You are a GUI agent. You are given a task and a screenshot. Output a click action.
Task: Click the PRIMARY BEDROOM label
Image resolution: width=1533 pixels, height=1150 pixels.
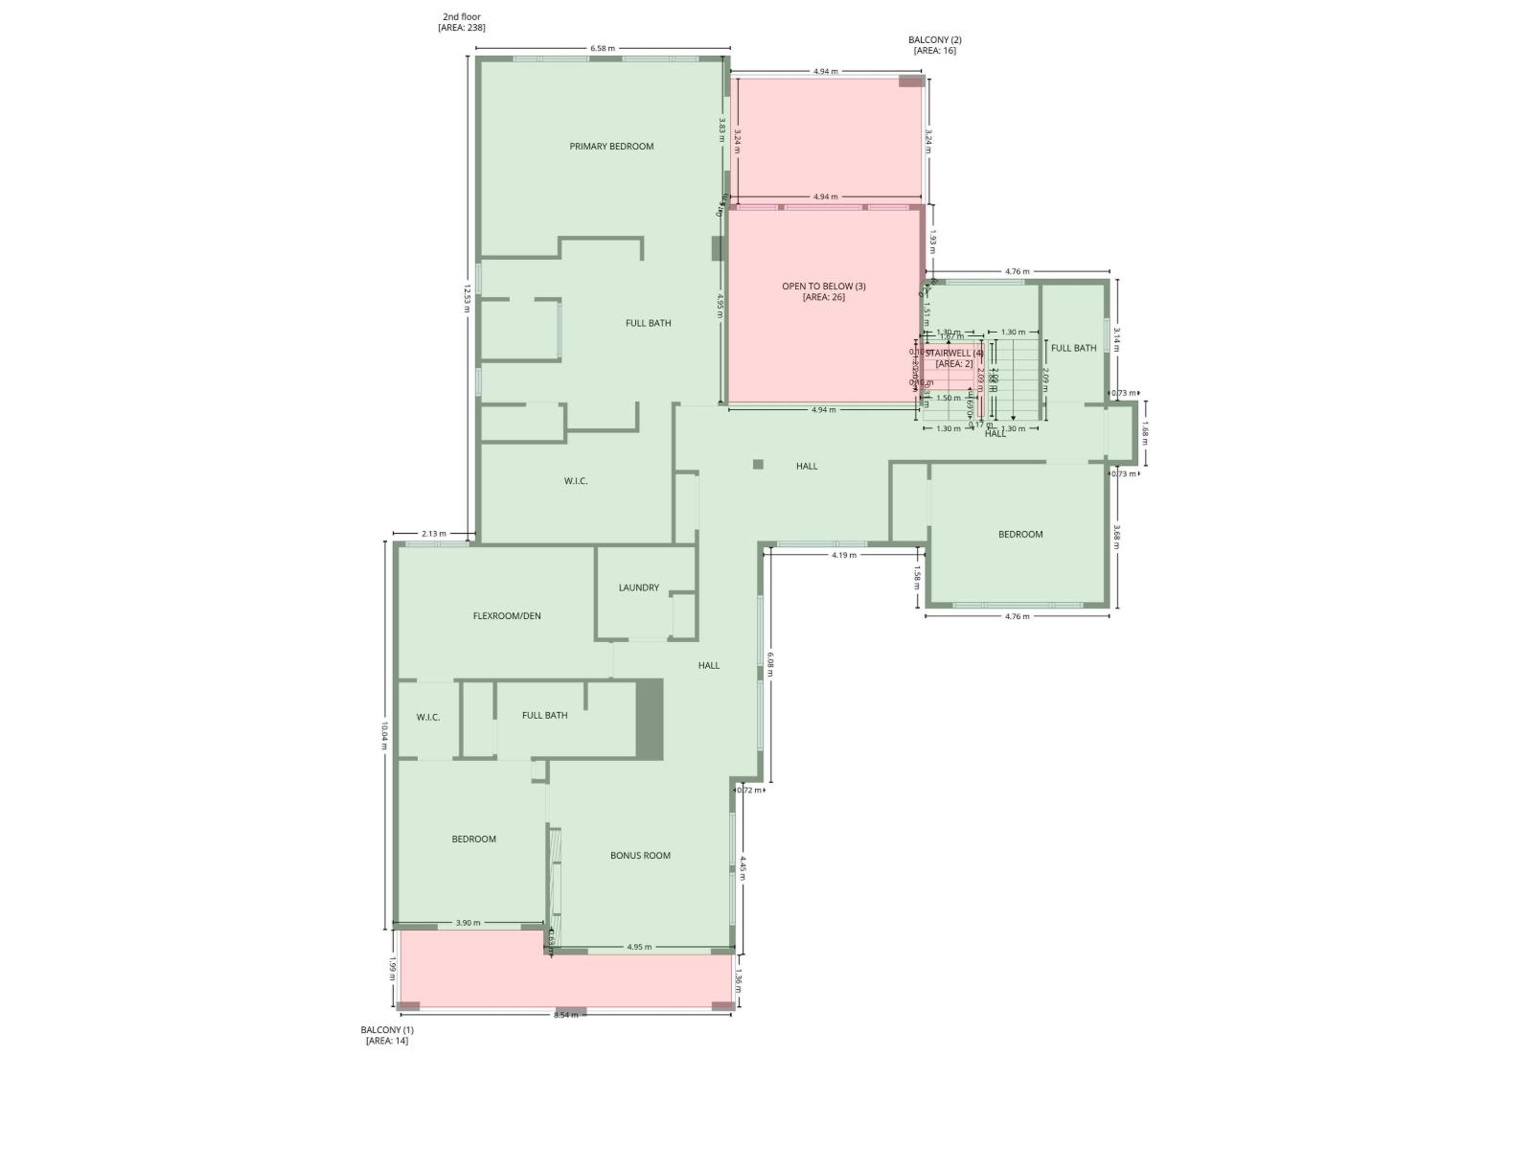pos(611,147)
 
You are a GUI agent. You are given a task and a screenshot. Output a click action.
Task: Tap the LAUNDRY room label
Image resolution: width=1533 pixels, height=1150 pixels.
pos(638,587)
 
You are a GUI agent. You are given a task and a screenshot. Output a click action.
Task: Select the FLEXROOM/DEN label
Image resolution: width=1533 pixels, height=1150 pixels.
pos(507,616)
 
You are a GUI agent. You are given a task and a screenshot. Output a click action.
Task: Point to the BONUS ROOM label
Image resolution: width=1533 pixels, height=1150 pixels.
pos(640,856)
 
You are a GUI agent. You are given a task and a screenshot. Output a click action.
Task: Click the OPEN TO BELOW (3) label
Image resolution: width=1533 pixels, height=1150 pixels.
pos(824,287)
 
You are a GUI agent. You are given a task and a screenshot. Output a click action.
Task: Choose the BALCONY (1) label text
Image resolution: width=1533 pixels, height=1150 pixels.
pos(387,1030)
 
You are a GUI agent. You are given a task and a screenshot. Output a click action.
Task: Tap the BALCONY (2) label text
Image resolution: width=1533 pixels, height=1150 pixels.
pos(934,40)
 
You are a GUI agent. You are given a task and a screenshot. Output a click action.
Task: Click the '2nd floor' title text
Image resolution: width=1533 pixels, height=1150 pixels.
pos(461,16)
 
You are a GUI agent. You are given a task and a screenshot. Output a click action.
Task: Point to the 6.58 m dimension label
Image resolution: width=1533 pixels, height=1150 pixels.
pos(603,48)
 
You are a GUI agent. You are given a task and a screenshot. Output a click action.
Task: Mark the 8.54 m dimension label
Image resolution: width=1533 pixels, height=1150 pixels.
pos(566,1015)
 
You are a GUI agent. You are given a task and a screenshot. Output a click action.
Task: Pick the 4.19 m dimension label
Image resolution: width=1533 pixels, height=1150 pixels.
pos(843,556)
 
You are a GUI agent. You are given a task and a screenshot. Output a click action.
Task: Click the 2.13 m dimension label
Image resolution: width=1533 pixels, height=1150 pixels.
pos(433,534)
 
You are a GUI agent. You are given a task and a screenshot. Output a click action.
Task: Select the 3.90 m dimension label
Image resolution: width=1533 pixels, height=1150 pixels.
pos(468,923)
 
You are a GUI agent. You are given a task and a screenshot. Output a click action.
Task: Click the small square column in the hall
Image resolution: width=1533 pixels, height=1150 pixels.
pos(758,465)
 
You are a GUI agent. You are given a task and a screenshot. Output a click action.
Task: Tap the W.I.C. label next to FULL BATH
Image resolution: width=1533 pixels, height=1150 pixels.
pos(428,717)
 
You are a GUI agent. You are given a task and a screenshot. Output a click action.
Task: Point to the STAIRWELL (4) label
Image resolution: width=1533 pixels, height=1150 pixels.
pos(954,353)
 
